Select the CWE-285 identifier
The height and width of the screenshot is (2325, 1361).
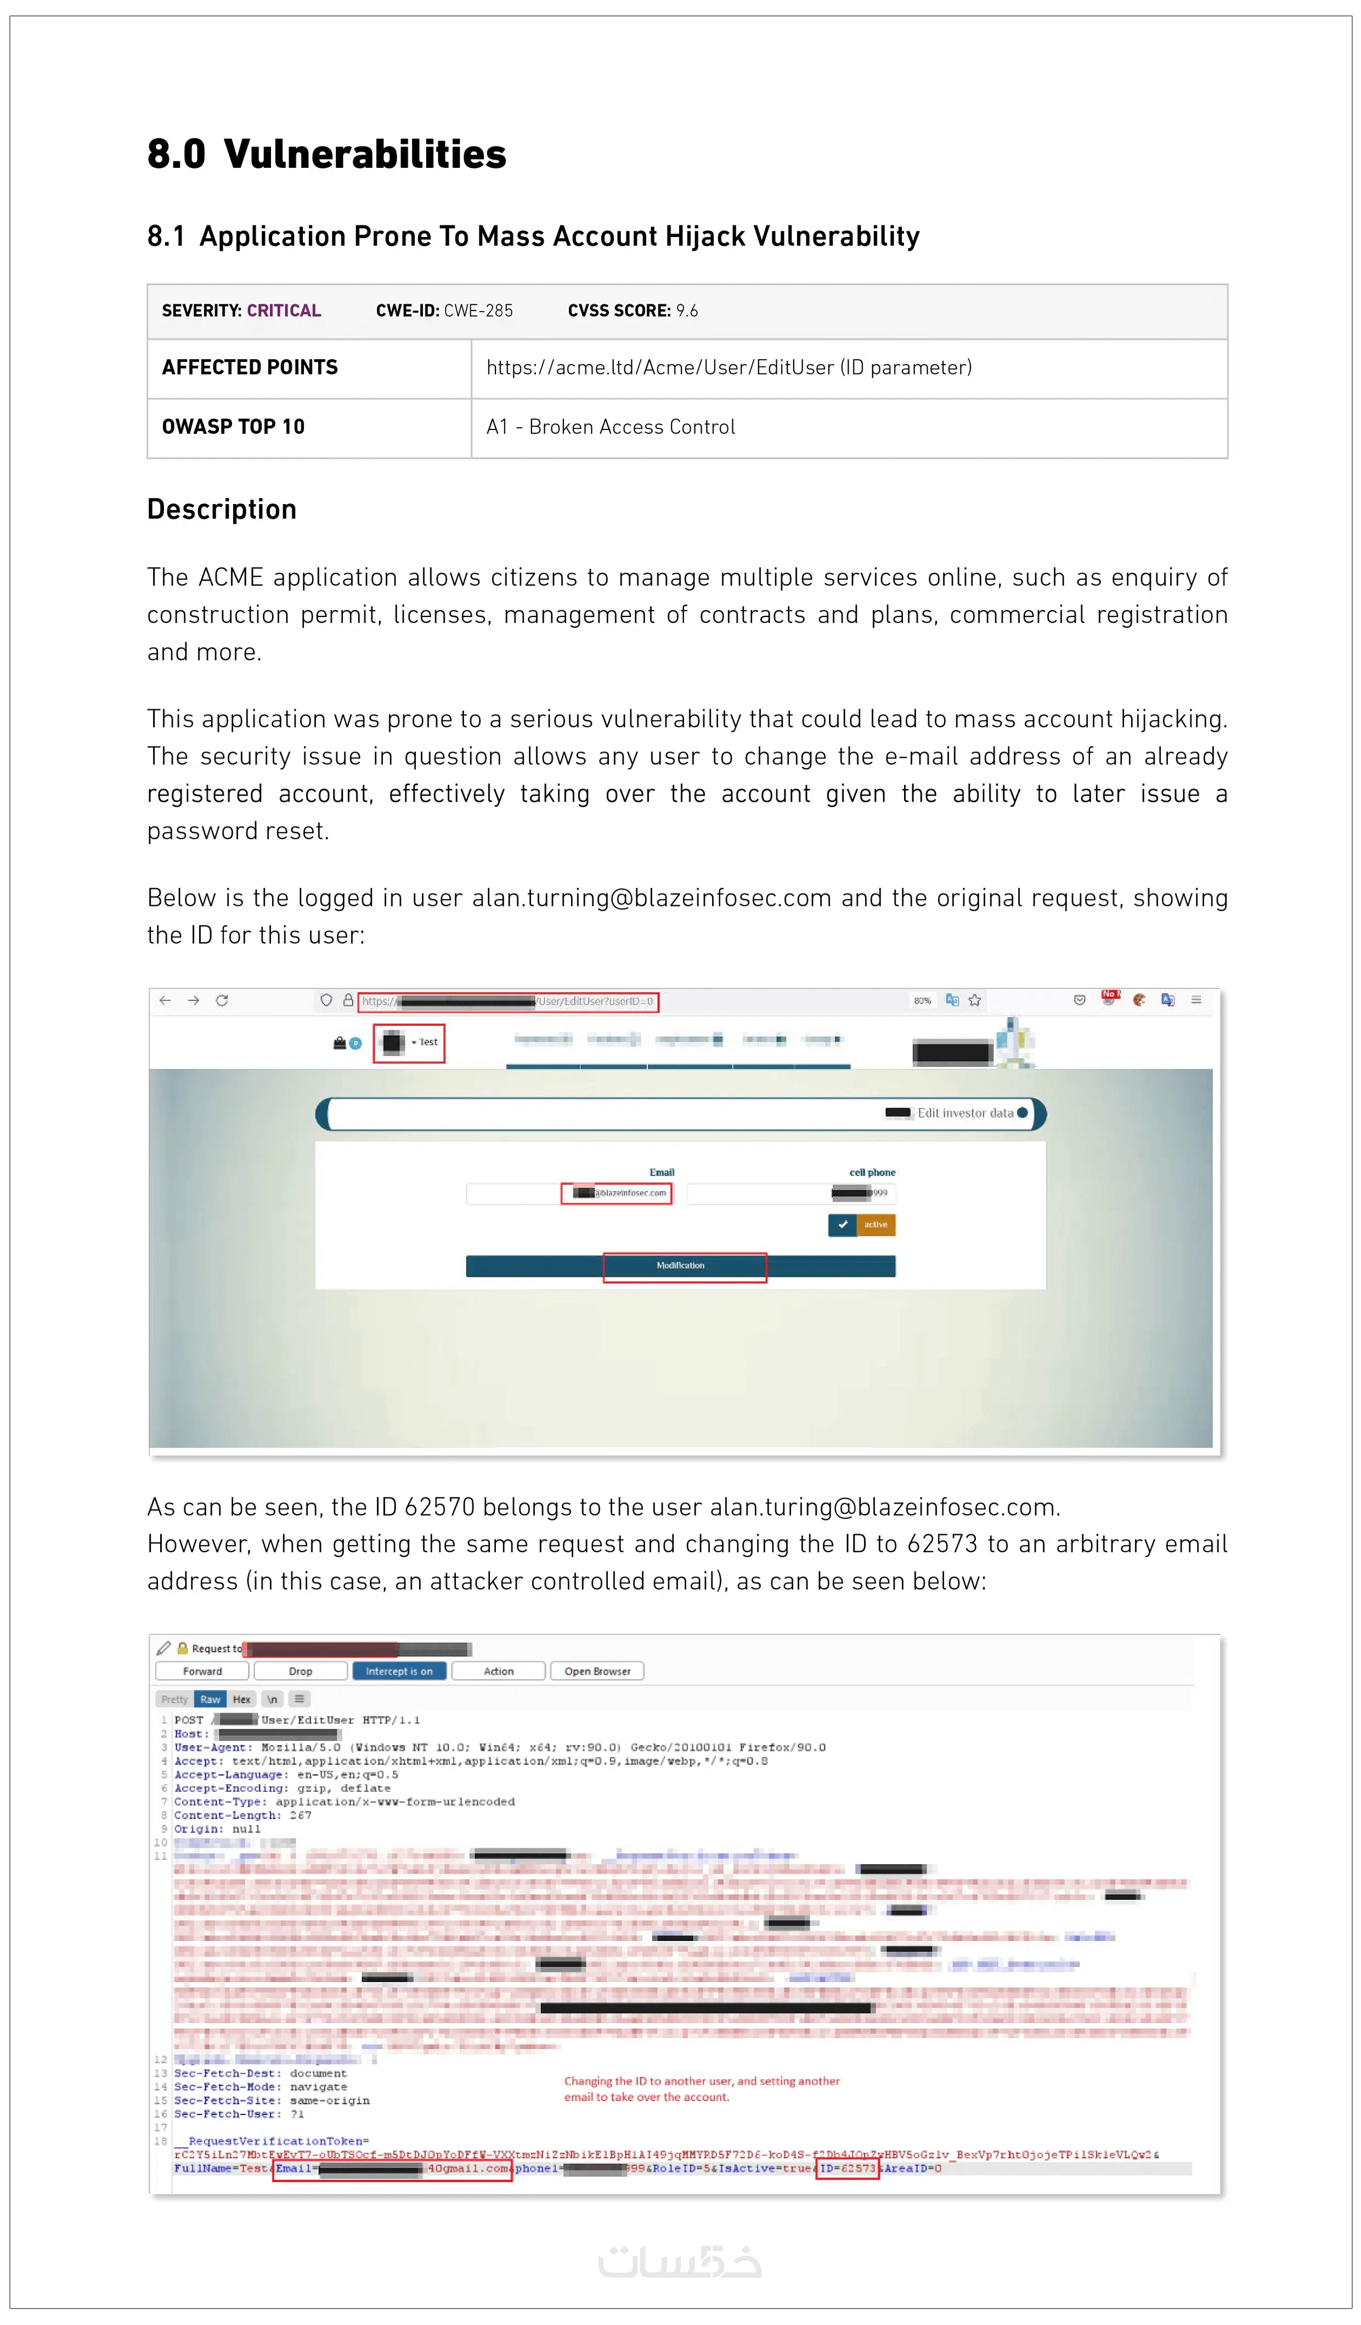point(478,311)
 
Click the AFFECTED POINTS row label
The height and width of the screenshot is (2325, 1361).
point(250,367)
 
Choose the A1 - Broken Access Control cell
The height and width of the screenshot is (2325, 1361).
point(611,426)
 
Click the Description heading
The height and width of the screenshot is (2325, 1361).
point(222,510)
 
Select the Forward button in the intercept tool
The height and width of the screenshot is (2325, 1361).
point(202,1671)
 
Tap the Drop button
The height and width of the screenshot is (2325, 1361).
point(301,1671)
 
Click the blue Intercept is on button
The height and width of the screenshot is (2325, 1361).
point(399,1671)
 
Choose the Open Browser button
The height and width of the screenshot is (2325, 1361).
point(597,1671)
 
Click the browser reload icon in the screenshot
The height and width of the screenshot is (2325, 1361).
point(222,1000)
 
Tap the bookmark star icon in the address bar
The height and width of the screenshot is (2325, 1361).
point(974,1000)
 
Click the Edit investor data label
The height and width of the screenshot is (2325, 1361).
point(965,1113)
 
